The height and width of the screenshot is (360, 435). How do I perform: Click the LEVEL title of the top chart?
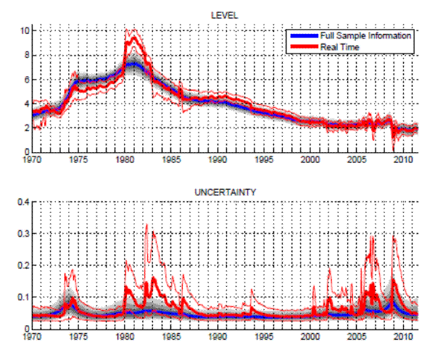224,14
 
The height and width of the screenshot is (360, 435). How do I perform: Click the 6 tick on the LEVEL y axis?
25,79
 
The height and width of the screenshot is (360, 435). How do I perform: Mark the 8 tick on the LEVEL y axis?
25,54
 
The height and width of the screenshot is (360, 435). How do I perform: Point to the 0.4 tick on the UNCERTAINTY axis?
22,202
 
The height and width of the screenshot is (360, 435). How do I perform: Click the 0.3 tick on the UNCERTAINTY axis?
22,234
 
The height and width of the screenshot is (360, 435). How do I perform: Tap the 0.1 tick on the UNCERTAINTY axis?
22,297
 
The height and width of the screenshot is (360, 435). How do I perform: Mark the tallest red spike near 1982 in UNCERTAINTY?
146,225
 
